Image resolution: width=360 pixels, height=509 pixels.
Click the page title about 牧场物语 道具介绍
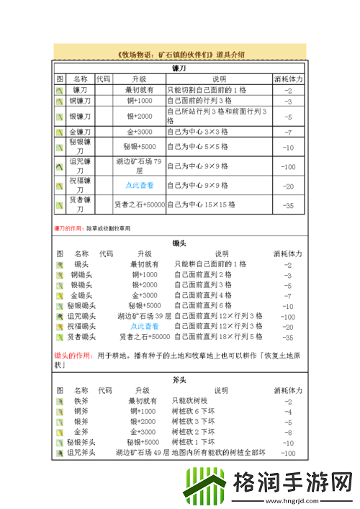click(x=180, y=54)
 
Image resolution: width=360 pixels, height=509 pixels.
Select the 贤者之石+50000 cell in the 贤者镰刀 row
click(x=139, y=205)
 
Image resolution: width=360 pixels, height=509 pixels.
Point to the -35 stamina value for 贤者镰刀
click(x=288, y=205)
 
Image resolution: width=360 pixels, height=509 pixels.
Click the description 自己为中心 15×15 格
click(x=201, y=205)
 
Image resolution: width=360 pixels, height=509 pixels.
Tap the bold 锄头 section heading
click(x=180, y=243)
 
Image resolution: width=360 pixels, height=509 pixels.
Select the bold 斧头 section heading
click(x=180, y=379)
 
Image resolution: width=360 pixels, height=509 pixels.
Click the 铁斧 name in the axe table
click(x=81, y=401)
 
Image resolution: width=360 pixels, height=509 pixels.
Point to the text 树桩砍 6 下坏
click(x=194, y=412)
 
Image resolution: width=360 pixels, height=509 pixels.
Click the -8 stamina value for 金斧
click(x=288, y=433)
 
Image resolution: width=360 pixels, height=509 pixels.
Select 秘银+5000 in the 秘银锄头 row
click(x=143, y=305)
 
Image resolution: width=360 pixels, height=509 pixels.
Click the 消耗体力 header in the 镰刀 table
click(x=288, y=78)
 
